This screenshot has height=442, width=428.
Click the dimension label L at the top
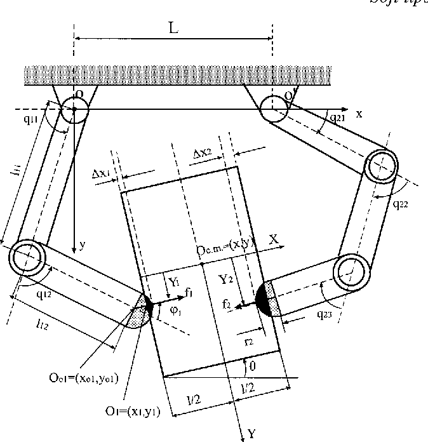click(173, 30)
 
